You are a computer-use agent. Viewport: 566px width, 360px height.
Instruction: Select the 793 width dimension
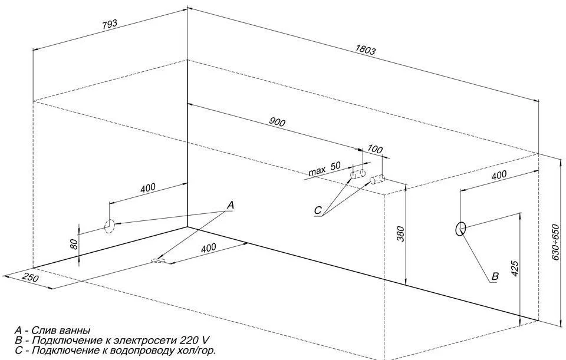110,24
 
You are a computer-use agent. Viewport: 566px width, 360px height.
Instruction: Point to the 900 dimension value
277,123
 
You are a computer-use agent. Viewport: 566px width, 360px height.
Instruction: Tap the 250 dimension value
31,278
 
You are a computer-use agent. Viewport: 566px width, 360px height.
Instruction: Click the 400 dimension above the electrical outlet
499,175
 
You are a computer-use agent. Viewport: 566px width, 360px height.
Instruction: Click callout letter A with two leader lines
231,205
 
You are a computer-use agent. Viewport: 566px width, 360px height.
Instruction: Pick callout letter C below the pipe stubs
318,210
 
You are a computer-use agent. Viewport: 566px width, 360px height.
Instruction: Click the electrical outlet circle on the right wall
460,229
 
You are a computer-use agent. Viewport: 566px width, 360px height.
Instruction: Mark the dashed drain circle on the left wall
110,225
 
